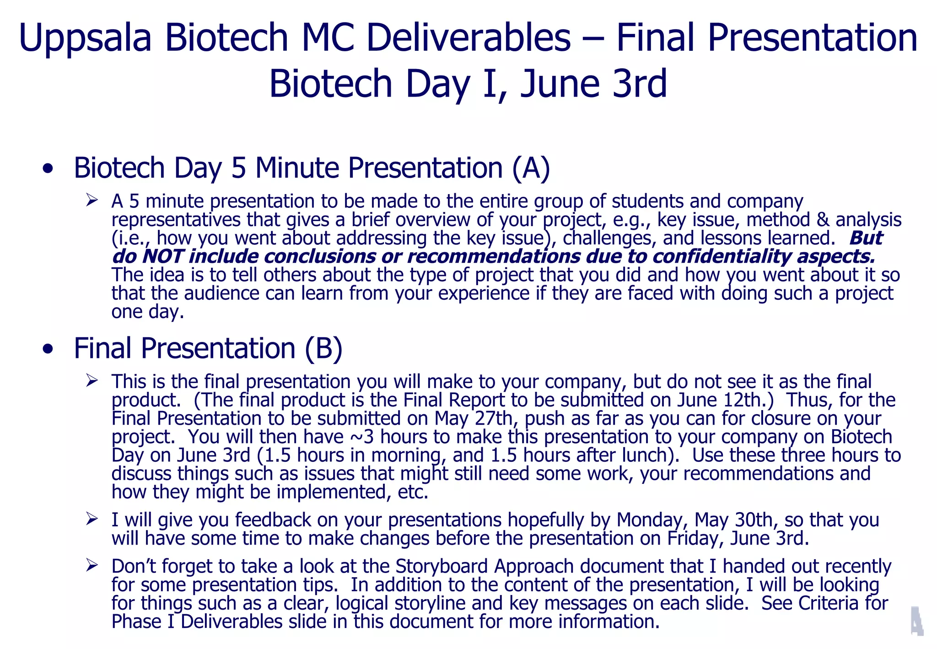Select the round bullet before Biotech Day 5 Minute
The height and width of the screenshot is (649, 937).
click(48, 169)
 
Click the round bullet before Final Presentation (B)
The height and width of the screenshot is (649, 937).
click(48, 350)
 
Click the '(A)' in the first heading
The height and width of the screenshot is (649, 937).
click(531, 168)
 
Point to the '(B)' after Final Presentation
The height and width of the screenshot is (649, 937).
click(323, 349)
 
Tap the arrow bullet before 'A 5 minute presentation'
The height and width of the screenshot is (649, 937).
click(92, 200)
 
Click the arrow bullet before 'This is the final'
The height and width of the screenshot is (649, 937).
click(92, 381)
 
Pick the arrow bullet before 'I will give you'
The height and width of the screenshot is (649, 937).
click(92, 519)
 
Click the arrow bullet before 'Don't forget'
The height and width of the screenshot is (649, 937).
click(92, 566)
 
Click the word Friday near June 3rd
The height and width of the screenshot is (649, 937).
click(695, 538)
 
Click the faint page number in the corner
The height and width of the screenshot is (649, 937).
click(916, 621)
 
